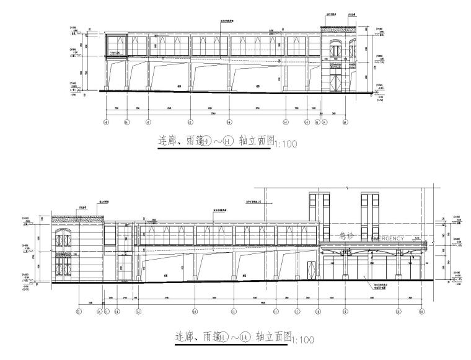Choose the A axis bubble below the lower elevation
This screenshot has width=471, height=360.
tap(99, 312)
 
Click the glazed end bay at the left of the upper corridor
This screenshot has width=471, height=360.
tap(116, 45)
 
